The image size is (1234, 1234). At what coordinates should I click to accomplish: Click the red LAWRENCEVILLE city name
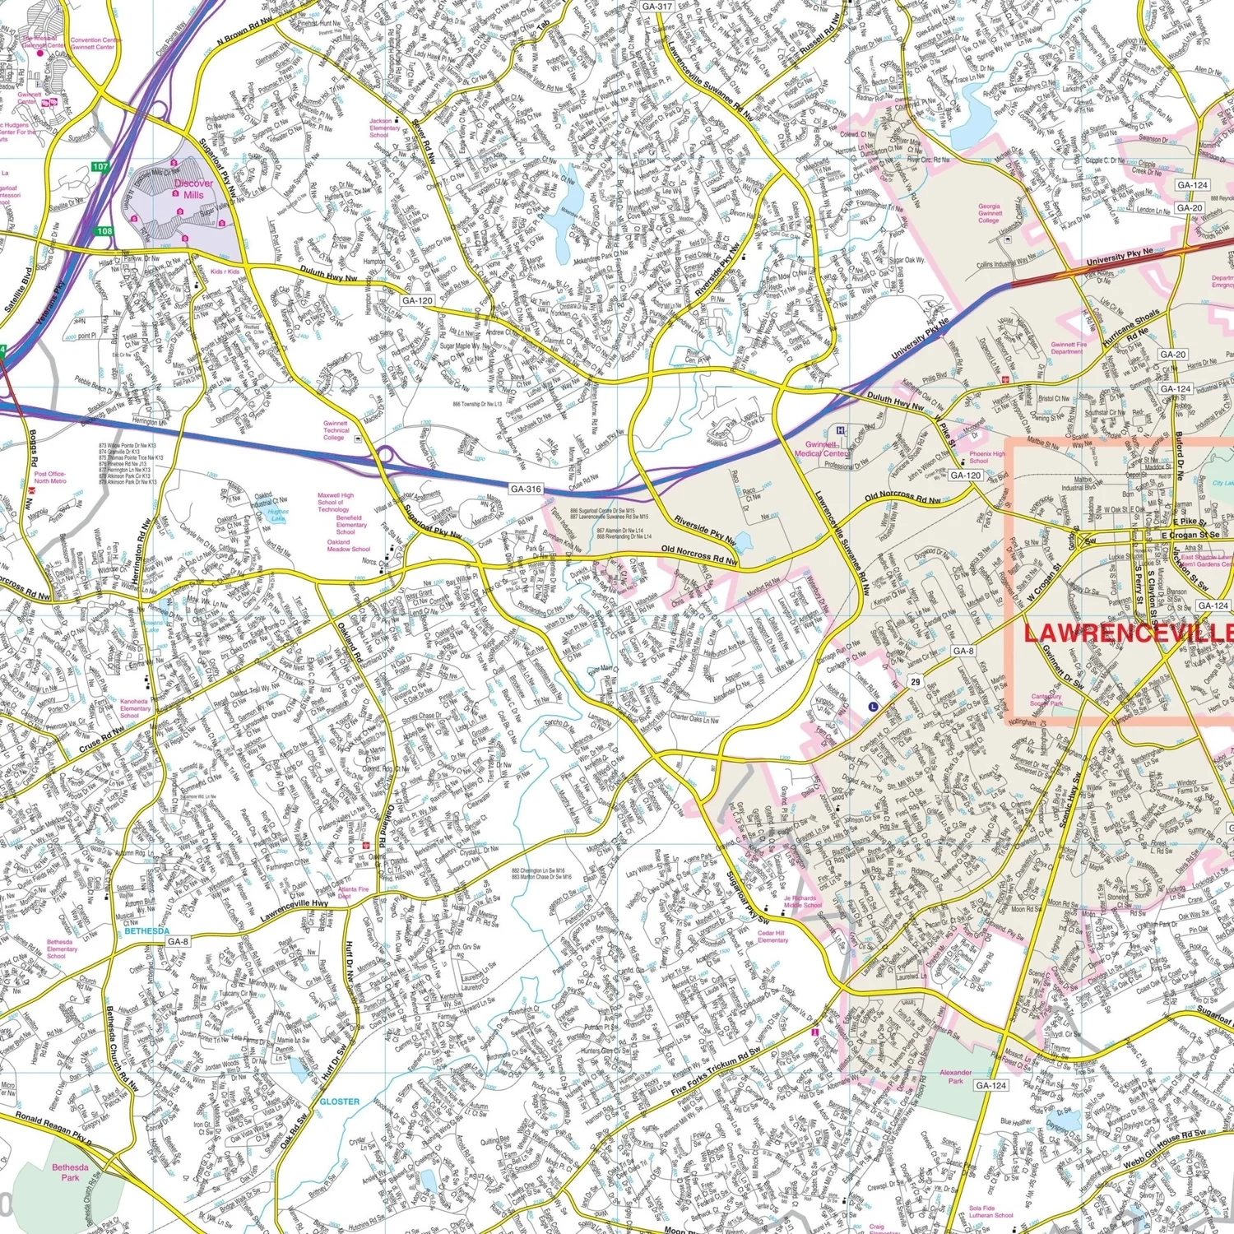coord(1127,633)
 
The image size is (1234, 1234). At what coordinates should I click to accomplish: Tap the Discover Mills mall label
coord(193,189)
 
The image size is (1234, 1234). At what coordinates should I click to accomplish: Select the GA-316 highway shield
coord(526,489)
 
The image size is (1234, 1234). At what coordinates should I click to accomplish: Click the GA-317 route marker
coord(656,6)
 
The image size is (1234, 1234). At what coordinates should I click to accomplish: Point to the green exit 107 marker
coord(100,167)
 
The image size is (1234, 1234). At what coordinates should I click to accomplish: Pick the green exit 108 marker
coord(104,231)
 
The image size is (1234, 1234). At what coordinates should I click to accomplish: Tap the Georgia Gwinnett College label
coord(990,213)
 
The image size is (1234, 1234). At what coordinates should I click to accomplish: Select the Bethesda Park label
coord(70,1172)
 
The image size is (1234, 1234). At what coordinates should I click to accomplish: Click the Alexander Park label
coord(955,1076)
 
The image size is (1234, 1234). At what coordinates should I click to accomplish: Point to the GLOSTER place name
coord(339,1101)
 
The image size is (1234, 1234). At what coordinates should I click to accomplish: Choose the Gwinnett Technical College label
coord(336,430)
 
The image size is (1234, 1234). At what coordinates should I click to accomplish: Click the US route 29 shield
coord(916,682)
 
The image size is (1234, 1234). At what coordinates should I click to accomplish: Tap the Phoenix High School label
coord(986,457)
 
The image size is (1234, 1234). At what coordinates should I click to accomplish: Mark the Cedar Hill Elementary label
coord(772,937)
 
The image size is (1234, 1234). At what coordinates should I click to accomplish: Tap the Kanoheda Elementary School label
coord(134,708)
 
